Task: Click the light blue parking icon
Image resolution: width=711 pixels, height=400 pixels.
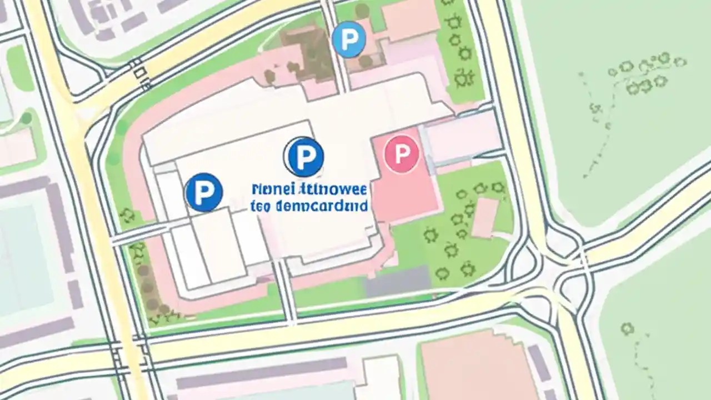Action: pyautogui.click(x=349, y=39)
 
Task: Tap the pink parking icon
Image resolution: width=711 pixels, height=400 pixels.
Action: pyautogui.click(x=401, y=153)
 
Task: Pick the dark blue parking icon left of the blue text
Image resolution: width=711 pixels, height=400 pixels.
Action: pyautogui.click(x=204, y=192)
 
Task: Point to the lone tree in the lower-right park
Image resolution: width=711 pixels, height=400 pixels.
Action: pyautogui.click(x=627, y=329)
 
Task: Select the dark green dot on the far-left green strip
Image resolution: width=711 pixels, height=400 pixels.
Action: pyautogui.click(x=26, y=118)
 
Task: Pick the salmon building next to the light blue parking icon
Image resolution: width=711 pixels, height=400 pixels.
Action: pyautogui.click(x=408, y=19)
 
